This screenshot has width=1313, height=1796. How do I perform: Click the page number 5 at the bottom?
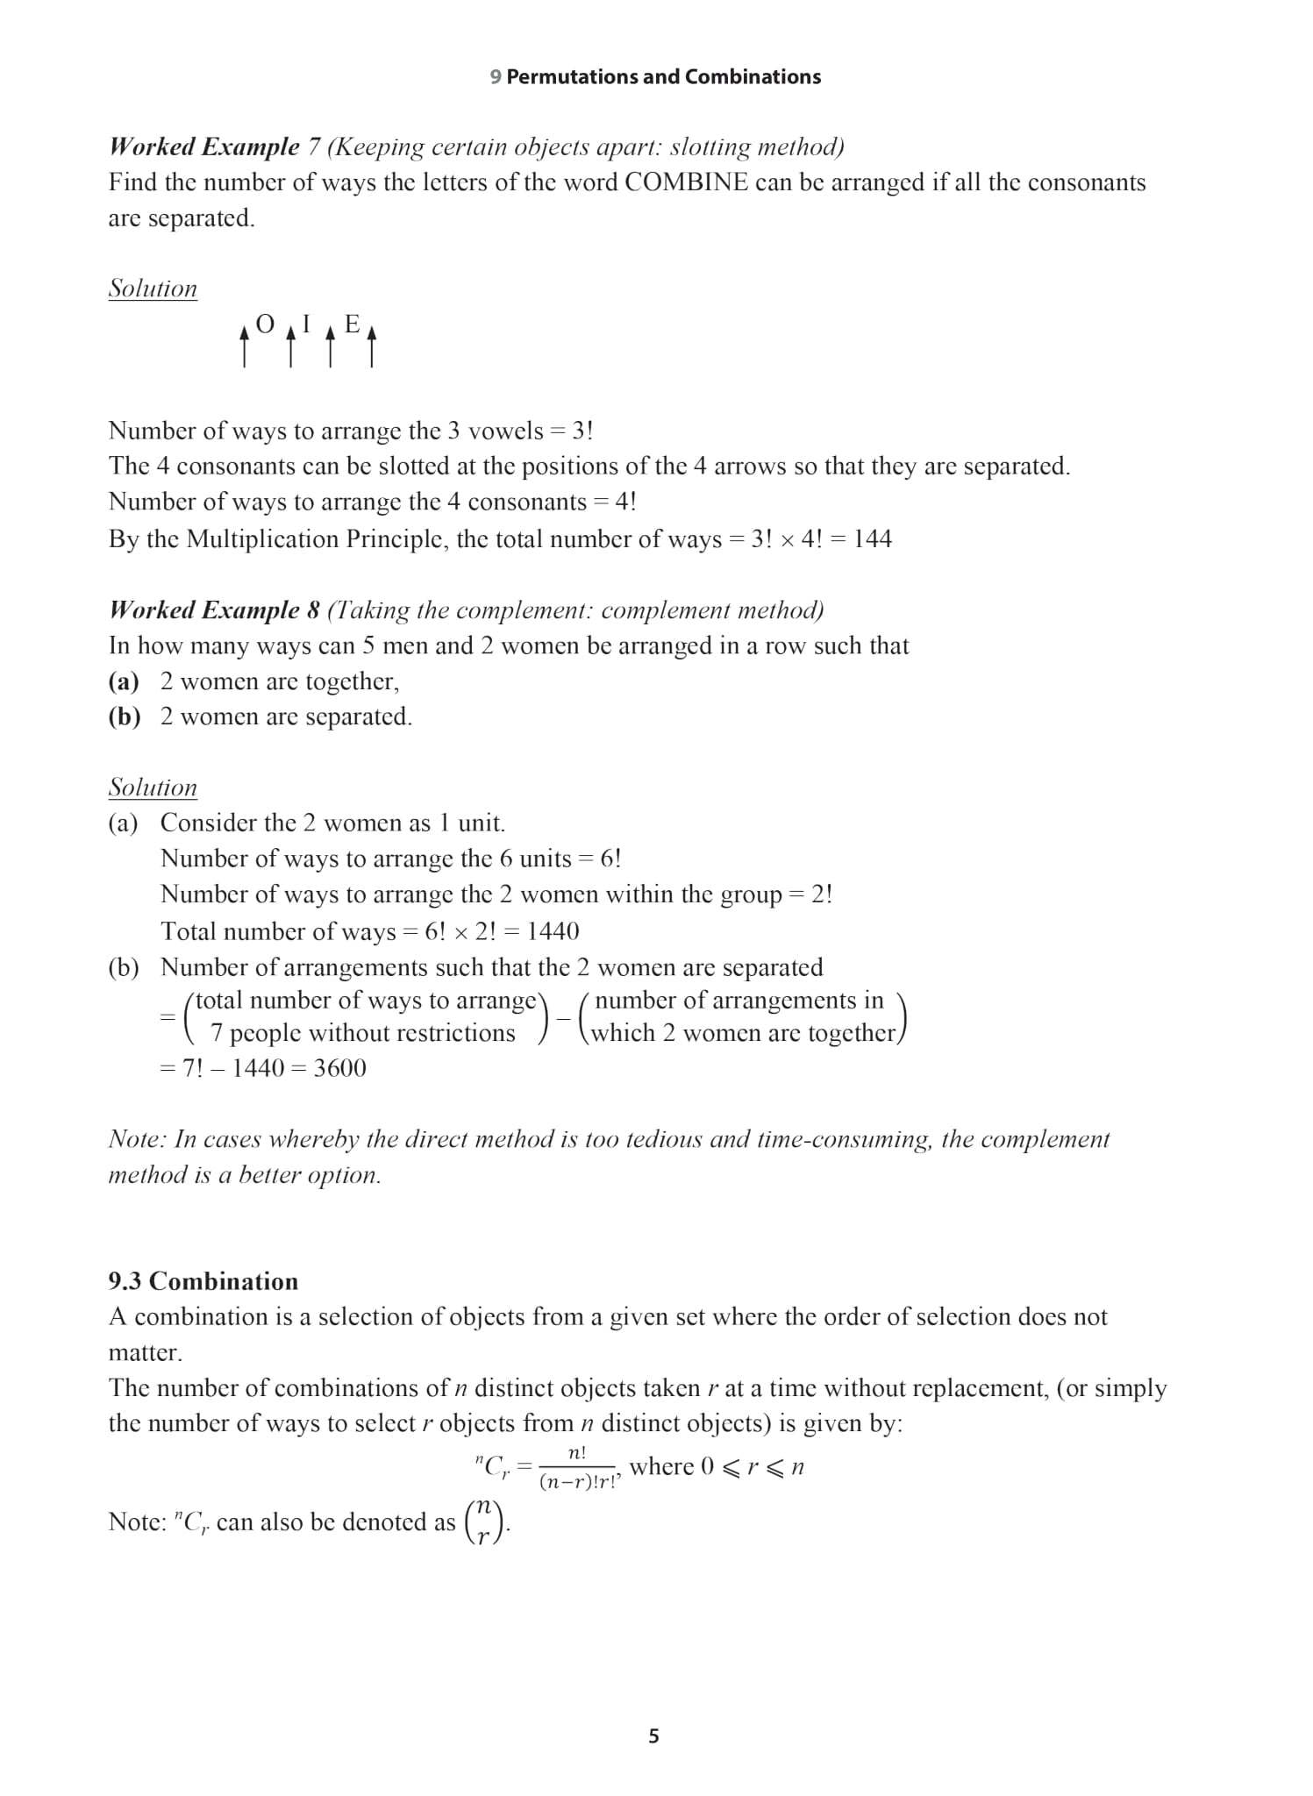[x=653, y=1736]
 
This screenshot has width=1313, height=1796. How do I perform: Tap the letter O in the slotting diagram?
[x=265, y=325]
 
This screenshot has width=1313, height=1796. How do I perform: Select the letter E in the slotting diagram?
[x=352, y=324]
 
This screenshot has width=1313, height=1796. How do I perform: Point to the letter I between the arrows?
[x=306, y=324]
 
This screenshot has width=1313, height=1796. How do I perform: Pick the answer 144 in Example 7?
[x=872, y=538]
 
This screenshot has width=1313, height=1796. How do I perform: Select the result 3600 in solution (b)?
[x=339, y=1068]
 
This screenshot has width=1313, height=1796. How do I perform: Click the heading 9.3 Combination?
[x=203, y=1281]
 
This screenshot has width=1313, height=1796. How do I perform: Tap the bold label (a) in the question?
[x=124, y=681]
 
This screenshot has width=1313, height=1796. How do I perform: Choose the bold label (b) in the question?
[x=125, y=716]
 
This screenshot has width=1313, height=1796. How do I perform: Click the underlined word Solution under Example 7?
[x=153, y=289]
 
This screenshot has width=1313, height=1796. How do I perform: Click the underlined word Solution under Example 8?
[x=153, y=788]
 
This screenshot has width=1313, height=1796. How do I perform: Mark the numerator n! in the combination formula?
[x=577, y=1453]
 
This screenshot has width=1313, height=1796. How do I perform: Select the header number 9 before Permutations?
[x=496, y=77]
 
